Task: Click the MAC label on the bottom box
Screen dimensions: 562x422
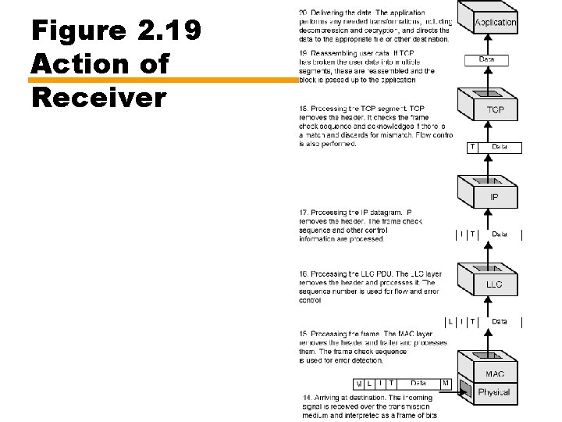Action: pyautogui.click(x=495, y=374)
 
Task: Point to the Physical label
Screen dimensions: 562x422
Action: pyautogui.click(x=494, y=392)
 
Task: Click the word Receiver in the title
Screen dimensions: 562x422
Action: pyautogui.click(x=99, y=98)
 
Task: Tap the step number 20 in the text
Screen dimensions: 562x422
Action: pyautogui.click(x=304, y=13)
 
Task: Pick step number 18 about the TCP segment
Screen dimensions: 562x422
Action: pyautogui.click(x=304, y=108)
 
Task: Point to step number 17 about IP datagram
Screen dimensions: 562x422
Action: pyautogui.click(x=304, y=213)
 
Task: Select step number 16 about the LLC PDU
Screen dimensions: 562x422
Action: pyautogui.click(x=304, y=274)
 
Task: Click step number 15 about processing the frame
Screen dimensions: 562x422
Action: pyautogui.click(x=304, y=334)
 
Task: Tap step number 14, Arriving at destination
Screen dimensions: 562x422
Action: pyautogui.click(x=308, y=398)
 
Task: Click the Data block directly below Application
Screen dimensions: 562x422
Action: pyautogui.click(x=486, y=59)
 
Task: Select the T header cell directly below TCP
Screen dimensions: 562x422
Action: pyautogui.click(x=472, y=147)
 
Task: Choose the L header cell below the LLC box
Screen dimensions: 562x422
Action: pyautogui.click(x=450, y=321)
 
